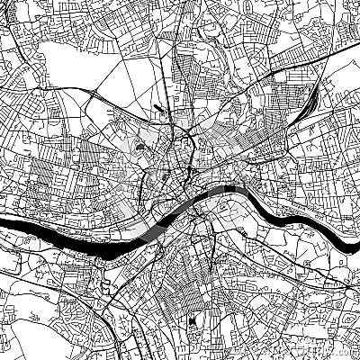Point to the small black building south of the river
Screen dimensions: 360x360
coord(195,321)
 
